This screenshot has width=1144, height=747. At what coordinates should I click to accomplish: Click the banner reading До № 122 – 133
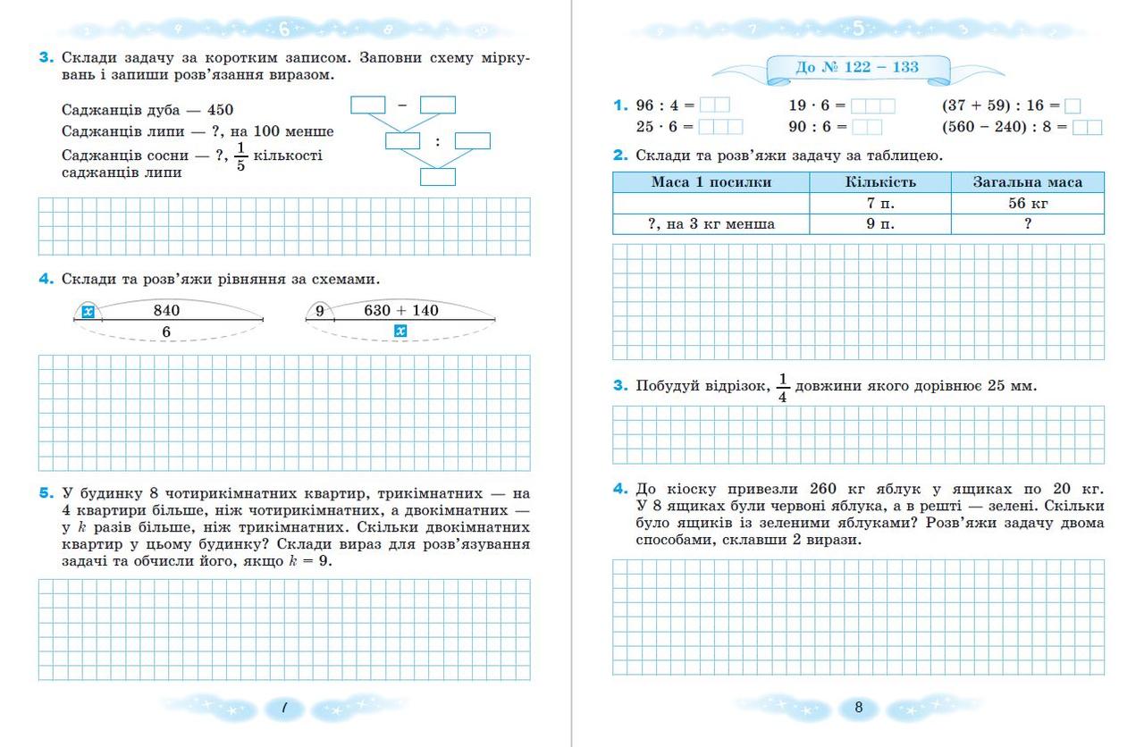pyautogui.click(x=857, y=67)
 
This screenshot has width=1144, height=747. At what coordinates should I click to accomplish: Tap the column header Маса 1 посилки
pyautogui.click(x=711, y=182)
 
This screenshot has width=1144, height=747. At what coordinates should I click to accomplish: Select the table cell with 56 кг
pyautogui.click(x=1027, y=204)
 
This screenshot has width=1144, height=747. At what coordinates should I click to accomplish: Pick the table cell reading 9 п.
pyautogui.click(x=879, y=224)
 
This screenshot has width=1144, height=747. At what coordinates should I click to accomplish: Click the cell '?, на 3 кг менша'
pyautogui.click(x=711, y=224)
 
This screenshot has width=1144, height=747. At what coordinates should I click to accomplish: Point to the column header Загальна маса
pyautogui.click(x=1027, y=182)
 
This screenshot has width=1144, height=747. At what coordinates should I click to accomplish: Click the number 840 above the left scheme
pyautogui.click(x=166, y=311)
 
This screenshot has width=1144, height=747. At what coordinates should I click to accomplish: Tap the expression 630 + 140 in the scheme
pyautogui.click(x=401, y=311)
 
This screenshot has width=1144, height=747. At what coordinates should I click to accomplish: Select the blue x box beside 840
pyautogui.click(x=88, y=312)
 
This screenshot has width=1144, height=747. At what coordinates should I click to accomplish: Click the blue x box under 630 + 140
pyautogui.click(x=401, y=332)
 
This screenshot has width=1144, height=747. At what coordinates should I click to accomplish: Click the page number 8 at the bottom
pyautogui.click(x=859, y=708)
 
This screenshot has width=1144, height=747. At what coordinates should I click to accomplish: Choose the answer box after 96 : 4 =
pyautogui.click(x=714, y=105)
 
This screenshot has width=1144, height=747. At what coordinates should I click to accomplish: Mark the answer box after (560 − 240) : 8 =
pyautogui.click(x=1087, y=127)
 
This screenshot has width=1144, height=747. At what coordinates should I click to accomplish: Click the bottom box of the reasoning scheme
pyautogui.click(x=438, y=176)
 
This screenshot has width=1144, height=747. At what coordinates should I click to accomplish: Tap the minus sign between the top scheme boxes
pyautogui.click(x=402, y=105)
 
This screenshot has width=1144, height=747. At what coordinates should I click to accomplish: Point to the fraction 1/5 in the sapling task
pyautogui.click(x=240, y=156)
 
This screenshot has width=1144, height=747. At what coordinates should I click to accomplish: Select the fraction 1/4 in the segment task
pyautogui.click(x=783, y=387)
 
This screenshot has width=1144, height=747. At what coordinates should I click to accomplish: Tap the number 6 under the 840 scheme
pyautogui.click(x=166, y=332)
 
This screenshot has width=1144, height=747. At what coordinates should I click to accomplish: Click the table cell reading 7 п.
pyautogui.click(x=879, y=204)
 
